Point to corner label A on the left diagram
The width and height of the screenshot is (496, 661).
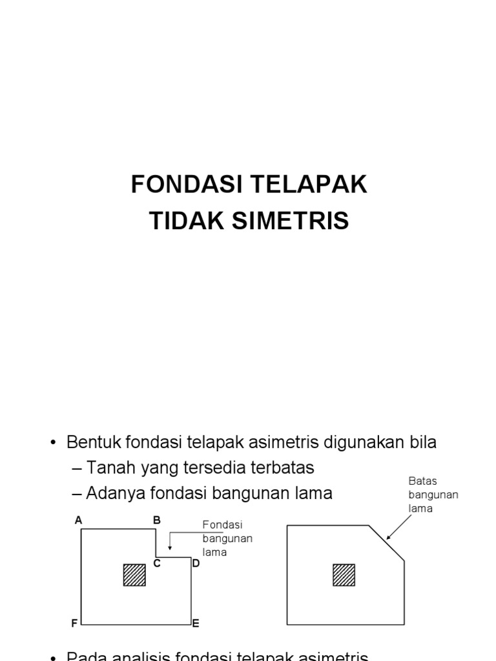click(78, 520)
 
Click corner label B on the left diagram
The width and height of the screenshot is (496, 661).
click(156, 520)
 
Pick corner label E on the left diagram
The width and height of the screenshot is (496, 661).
click(196, 624)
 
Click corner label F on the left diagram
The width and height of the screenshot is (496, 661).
click(75, 624)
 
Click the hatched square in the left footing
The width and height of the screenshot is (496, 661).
click(134, 575)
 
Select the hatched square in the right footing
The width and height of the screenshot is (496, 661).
click(344, 575)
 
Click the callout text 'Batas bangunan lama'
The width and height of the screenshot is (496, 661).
click(433, 494)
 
